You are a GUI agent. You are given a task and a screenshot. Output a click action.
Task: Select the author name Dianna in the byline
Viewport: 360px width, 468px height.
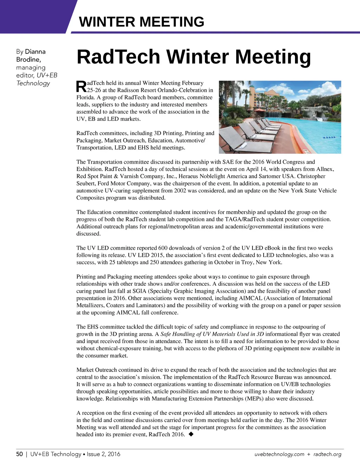point(35,52)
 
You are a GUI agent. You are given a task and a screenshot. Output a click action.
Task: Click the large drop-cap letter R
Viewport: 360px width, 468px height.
point(81,87)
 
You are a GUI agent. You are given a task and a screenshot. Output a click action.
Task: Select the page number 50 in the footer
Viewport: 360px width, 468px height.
point(19,454)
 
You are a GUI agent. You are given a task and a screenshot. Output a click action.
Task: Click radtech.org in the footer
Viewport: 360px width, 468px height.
point(327,454)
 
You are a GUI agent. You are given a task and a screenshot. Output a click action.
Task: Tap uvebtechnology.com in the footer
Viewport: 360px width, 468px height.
point(279,454)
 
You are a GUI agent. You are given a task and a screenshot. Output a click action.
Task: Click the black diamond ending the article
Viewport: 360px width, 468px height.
point(191,434)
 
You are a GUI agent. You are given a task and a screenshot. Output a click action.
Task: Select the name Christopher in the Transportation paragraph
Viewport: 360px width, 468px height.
point(311,176)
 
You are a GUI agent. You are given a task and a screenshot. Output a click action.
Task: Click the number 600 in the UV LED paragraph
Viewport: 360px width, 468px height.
point(163,248)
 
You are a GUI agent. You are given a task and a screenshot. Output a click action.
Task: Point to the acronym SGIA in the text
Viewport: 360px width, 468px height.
point(140,291)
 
